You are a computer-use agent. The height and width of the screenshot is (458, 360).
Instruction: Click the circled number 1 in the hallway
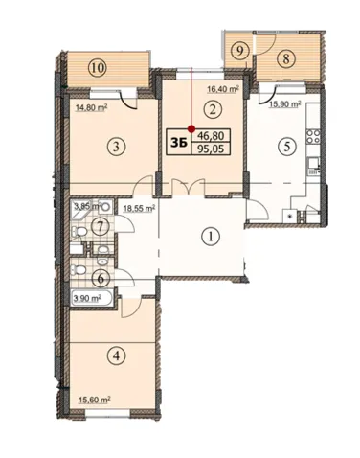[210, 237]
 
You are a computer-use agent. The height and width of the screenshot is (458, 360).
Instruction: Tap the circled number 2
[213, 110]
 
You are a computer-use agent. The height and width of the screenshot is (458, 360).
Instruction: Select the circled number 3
[116, 147]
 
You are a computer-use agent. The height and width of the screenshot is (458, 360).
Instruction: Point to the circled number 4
[116, 355]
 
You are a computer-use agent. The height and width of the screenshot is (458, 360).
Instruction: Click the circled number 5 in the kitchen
[286, 147]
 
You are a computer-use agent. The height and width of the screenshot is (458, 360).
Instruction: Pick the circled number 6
[101, 279]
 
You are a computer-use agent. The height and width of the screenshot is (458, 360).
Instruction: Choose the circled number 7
[100, 227]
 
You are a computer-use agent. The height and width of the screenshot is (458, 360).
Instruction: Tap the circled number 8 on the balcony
[286, 59]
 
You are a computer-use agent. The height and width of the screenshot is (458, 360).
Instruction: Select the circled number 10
[99, 68]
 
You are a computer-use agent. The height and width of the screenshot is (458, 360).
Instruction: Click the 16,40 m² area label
[223, 89]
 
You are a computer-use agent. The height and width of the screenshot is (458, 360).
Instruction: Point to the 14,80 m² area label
[91, 107]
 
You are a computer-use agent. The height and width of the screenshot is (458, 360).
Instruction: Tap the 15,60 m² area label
[95, 400]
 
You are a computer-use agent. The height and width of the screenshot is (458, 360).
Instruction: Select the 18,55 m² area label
[139, 209]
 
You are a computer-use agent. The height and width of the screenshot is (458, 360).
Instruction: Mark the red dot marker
[191, 129]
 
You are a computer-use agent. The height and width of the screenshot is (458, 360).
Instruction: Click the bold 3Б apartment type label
[179, 144]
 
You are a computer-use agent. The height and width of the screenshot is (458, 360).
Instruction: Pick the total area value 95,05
[211, 149]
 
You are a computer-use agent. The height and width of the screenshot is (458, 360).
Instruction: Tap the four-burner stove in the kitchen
[313, 136]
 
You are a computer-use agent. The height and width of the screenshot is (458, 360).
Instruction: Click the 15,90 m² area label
[285, 104]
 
